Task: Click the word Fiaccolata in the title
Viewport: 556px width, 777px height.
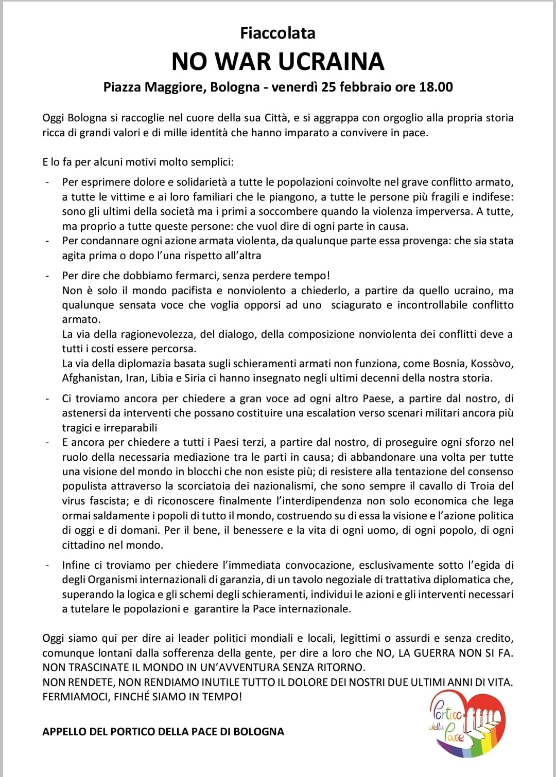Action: click(x=277, y=33)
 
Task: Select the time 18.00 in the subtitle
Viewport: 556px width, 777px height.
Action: click(x=436, y=87)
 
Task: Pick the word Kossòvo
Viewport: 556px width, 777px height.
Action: click(x=492, y=364)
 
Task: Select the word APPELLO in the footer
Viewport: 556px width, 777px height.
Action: click(x=64, y=732)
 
